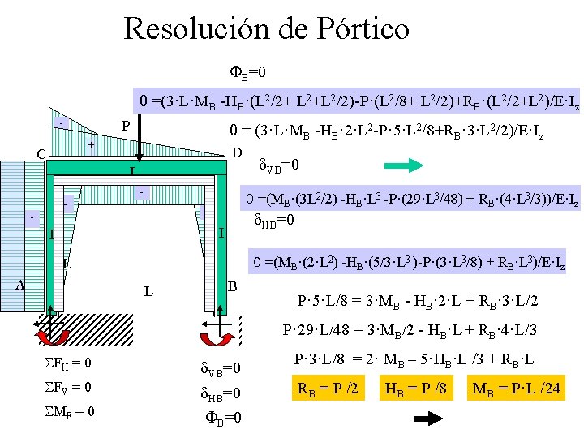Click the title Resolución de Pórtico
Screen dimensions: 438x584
click(x=266, y=29)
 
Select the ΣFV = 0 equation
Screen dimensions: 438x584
click(x=69, y=387)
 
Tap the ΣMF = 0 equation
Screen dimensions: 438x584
click(x=69, y=411)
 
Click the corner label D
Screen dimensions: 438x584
click(x=237, y=153)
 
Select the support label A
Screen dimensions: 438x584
click(x=21, y=284)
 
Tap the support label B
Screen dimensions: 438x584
click(x=232, y=286)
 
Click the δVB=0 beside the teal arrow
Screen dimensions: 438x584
click(x=279, y=165)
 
